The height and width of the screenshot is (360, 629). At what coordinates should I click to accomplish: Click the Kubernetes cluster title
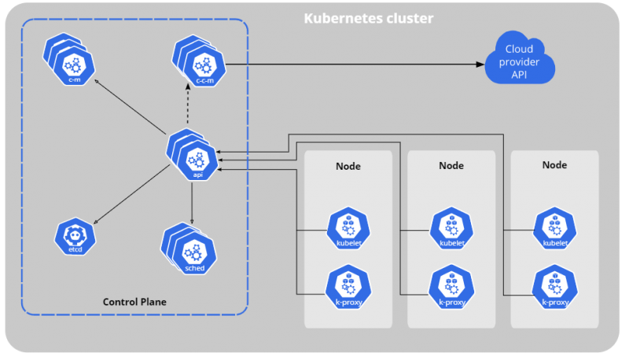click(368, 17)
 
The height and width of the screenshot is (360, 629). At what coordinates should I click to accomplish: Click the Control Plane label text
click(134, 302)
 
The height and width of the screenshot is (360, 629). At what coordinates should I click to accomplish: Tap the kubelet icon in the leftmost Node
click(348, 229)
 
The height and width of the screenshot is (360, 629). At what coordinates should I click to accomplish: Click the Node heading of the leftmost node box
click(348, 166)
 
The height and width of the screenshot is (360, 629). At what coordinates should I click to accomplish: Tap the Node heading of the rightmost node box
click(555, 165)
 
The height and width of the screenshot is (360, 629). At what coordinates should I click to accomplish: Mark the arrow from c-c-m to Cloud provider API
click(354, 62)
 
